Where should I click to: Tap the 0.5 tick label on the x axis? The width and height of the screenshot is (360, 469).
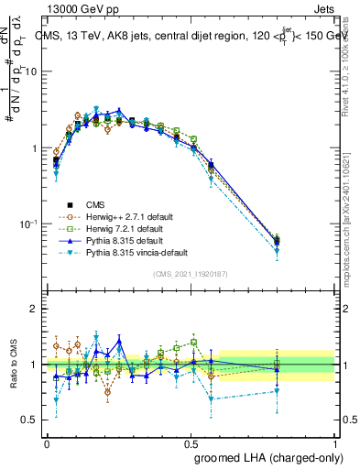click(x=191, y=442)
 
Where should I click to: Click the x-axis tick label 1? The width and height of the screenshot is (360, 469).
click(x=335, y=442)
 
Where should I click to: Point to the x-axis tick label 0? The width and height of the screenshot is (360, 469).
click(x=47, y=442)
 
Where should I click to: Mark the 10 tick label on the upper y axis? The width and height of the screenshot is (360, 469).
click(x=32, y=71)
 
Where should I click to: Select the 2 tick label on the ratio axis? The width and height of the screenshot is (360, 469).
click(x=35, y=309)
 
